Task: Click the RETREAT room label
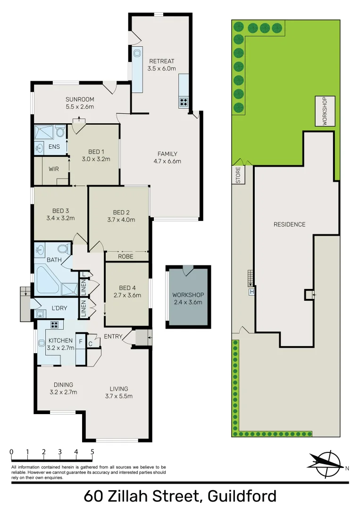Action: coord(162,61)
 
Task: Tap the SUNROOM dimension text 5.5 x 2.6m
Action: coord(80,107)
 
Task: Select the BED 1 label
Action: coord(96,152)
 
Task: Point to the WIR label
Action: coord(53,168)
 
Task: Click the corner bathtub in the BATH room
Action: coord(46,281)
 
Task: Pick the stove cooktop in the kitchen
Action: coord(55,324)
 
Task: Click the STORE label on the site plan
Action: coord(238,175)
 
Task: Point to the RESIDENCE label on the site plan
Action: coord(289,224)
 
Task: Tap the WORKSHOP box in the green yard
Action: coord(325,111)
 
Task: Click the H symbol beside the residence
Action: coord(252,292)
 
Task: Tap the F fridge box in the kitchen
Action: coord(81,341)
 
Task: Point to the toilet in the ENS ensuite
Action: coord(59,131)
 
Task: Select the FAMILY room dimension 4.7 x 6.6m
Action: coord(167,161)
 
